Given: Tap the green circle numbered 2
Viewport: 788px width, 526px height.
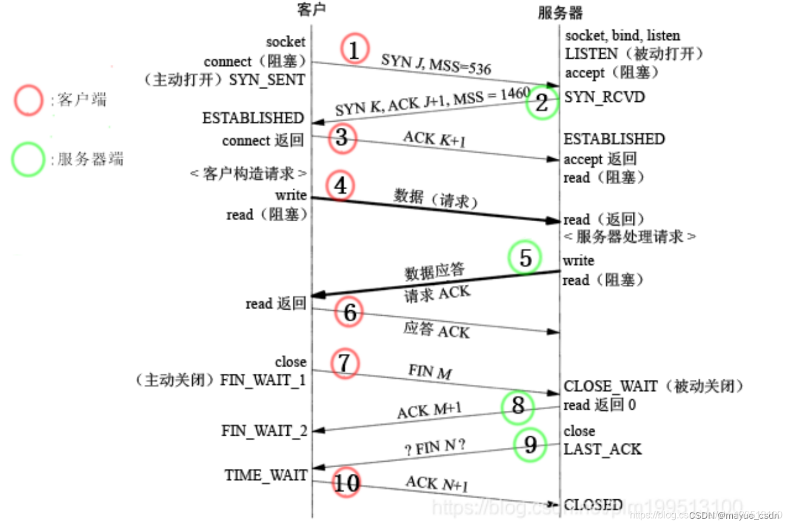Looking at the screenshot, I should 541,103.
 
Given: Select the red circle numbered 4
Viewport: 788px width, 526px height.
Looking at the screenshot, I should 341,185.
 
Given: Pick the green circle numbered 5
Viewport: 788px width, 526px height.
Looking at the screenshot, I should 525,258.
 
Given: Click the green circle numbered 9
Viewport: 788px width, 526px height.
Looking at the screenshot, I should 530,445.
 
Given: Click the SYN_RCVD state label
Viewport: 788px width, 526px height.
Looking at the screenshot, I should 604,97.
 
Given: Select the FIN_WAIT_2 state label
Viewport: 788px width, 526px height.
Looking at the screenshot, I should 264,431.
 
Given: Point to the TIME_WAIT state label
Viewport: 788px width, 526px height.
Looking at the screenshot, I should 266,475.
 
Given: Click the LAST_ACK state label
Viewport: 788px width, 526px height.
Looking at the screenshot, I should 603,449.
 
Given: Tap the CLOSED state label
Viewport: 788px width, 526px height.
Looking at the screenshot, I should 593,505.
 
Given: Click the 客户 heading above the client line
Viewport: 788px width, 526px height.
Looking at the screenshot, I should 311,9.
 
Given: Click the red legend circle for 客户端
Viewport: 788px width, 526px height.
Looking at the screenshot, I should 28,100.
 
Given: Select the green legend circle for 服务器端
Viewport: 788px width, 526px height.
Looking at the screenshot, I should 28,159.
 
